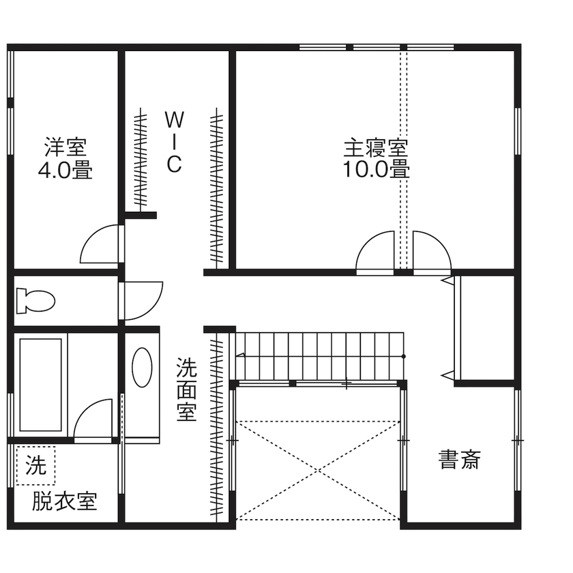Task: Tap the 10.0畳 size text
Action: (x=376, y=168)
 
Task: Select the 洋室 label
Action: (x=65, y=147)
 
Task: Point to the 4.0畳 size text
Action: (x=65, y=169)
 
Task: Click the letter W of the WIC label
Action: (x=174, y=120)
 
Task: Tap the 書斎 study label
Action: (x=459, y=460)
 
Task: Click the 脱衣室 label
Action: (x=65, y=501)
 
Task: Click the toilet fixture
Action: (x=35, y=299)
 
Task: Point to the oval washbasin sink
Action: (x=142, y=367)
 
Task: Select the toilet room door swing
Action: (x=142, y=300)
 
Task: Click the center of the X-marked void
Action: (x=318, y=470)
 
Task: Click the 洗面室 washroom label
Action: (x=186, y=390)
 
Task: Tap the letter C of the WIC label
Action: (x=174, y=164)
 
